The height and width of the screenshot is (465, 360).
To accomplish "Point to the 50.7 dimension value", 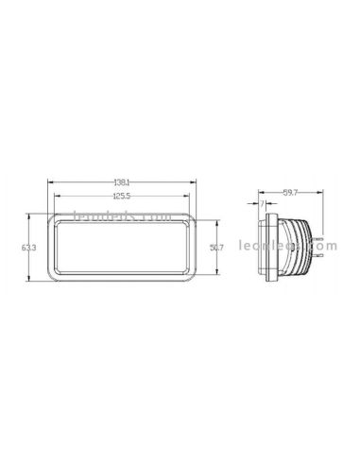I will click(216, 248).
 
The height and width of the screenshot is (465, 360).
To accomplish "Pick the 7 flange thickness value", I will click(262, 203).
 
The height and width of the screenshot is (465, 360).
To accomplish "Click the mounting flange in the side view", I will click(272, 247).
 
